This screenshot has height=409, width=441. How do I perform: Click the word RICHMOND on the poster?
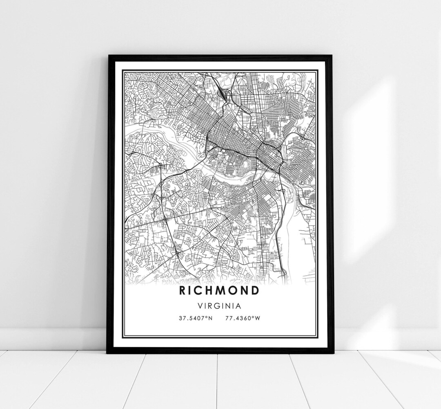(219, 291)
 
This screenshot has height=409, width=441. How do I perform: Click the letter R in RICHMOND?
(182, 291)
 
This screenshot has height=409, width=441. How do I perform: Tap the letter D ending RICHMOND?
(255, 291)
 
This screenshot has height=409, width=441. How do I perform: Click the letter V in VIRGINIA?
(199, 306)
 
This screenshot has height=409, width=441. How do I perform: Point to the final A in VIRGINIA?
(238, 306)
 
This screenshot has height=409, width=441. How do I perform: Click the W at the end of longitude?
(257, 319)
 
